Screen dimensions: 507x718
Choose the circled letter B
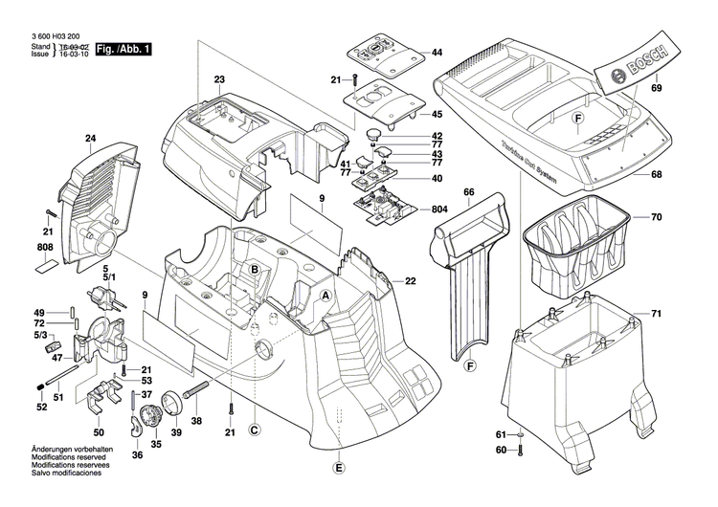255,271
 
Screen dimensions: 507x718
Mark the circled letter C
254,430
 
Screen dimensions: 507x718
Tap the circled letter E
337,468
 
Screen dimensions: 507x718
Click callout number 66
469,192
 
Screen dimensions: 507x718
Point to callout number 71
657,314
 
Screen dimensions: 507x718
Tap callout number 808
45,249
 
